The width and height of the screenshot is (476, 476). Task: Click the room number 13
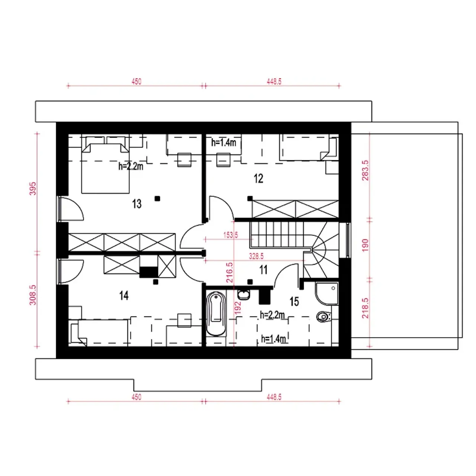click(137, 204)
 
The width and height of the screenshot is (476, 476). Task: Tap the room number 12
click(258, 178)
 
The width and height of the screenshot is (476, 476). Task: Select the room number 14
click(124, 296)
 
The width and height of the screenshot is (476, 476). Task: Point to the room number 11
click(264, 270)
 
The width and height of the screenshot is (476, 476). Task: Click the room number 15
click(294, 302)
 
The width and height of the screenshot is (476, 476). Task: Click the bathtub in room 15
click(216, 314)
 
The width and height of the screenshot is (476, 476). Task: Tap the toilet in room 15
click(324, 317)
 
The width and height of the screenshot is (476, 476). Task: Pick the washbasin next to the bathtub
click(244, 295)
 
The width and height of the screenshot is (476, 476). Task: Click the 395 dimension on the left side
click(33, 189)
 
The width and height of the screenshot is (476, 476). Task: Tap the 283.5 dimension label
click(365, 170)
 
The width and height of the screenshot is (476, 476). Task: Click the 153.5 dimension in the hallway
click(231, 235)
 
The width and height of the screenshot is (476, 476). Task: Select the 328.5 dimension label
click(256, 256)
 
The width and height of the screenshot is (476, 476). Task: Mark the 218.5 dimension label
click(365, 308)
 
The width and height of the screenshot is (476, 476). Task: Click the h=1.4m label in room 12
click(223, 142)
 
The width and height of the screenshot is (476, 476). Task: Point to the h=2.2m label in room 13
click(131, 167)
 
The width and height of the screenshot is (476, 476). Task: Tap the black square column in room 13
click(157, 198)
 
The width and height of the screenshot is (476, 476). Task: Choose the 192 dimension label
click(238, 308)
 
